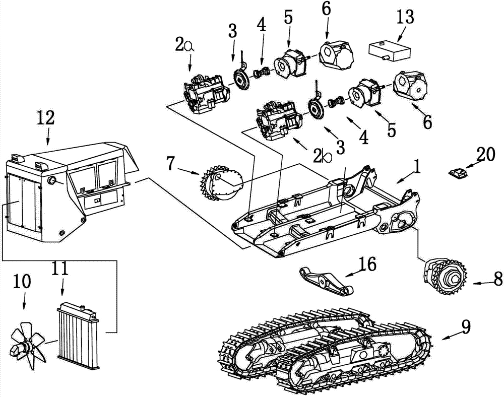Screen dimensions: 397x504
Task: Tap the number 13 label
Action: click(405, 17)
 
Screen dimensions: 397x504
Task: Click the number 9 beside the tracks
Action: click(466, 326)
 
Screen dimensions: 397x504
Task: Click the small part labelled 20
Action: click(457, 173)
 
